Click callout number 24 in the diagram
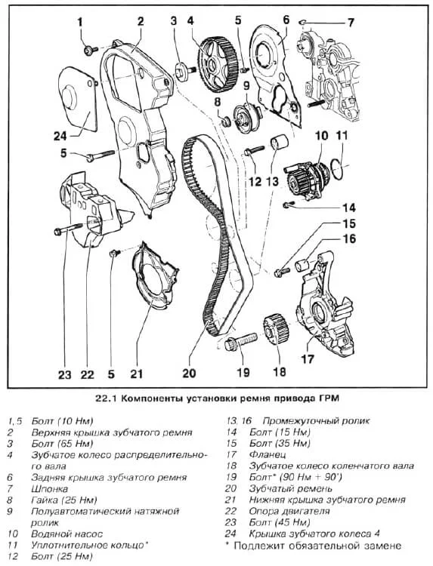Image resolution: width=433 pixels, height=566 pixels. click(x=60, y=136)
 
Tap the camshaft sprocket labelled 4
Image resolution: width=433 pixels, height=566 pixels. click(x=217, y=65)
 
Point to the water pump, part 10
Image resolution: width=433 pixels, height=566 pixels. click(x=307, y=180)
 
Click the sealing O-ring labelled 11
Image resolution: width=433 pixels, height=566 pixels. click(x=337, y=168)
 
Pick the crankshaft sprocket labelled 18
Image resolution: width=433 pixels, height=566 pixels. click(x=275, y=329)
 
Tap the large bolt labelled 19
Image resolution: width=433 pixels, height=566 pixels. click(x=240, y=342)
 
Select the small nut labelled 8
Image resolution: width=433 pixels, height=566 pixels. click(x=226, y=122)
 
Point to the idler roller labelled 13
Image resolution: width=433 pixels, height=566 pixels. click(x=279, y=141)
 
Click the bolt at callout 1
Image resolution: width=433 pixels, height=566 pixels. click(x=91, y=50)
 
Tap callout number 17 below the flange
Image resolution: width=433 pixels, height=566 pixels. click(x=308, y=358)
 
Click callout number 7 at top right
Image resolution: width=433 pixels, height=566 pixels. click(x=350, y=23)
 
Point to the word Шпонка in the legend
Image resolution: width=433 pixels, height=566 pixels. click(x=50, y=489)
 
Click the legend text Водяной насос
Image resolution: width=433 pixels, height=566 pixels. click(x=66, y=534)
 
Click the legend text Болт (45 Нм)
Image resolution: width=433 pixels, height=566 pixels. click(x=280, y=522)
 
